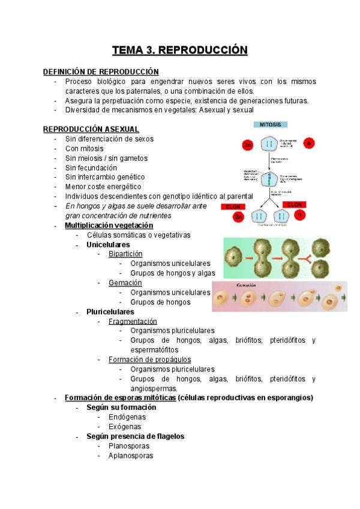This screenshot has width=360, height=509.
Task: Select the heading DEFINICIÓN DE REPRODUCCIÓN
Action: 101,71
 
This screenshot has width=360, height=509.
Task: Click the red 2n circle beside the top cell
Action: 247,145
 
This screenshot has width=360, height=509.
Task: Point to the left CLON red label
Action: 231,206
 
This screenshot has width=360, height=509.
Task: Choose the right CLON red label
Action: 294,205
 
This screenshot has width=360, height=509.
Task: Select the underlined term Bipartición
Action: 125,254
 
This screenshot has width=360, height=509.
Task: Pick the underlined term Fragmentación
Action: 133,321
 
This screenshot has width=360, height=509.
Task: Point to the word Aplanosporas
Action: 131,456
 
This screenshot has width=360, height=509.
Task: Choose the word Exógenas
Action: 125,427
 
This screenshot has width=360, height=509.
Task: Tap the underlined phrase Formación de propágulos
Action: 149,360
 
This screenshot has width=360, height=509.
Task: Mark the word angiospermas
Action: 153,388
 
